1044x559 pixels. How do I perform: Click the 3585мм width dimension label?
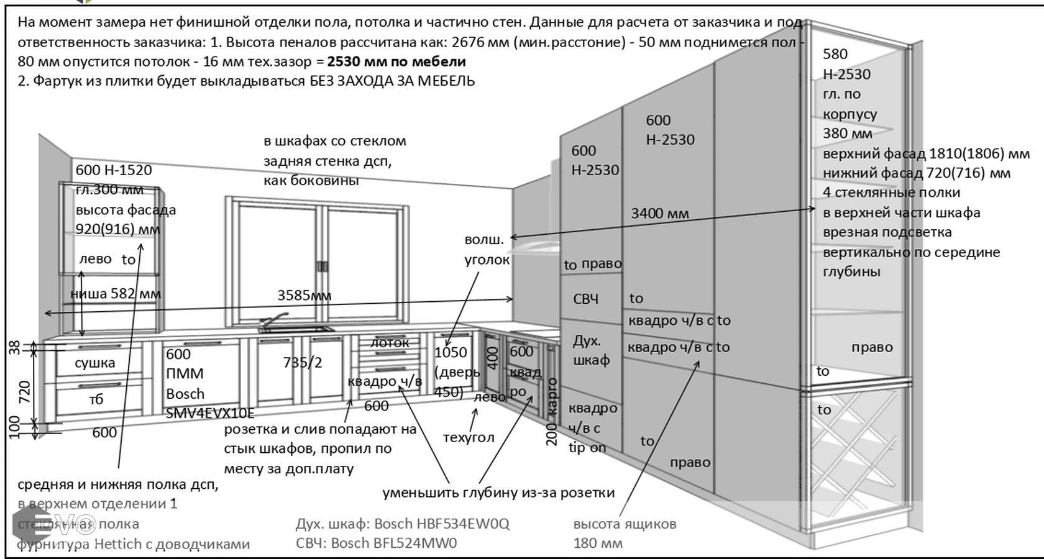click(304, 295)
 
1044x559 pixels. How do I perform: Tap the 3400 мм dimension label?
click(659, 214)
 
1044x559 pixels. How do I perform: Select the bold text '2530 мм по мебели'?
click(396, 61)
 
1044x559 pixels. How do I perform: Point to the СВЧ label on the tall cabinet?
click(585, 299)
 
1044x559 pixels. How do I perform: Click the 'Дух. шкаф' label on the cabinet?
click(590, 350)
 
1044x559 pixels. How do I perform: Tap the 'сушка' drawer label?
click(94, 363)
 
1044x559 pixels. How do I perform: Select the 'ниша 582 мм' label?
click(116, 294)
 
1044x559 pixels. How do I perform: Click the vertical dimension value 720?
click(25, 392)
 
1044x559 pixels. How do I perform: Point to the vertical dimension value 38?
click(16, 348)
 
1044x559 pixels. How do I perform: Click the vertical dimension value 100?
click(16, 427)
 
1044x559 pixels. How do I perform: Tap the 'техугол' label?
click(468, 437)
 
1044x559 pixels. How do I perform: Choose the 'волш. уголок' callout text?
click(487, 250)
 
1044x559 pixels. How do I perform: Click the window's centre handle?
click(323, 266)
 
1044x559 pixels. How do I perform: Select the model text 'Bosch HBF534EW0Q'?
click(441, 524)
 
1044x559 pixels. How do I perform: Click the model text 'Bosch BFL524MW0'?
click(393, 543)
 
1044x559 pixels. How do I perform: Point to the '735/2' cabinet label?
click(302, 362)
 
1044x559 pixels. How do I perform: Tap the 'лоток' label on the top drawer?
click(390, 342)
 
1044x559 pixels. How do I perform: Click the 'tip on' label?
click(587, 447)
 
